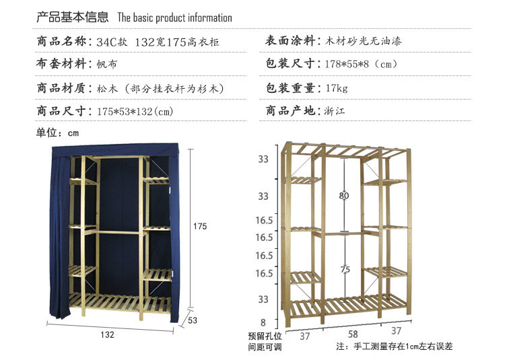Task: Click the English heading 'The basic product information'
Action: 174,17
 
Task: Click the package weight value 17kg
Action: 337,88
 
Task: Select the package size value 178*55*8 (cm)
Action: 361,64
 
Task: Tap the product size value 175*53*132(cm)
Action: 135,111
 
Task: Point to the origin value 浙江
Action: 335,111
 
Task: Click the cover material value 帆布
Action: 107,64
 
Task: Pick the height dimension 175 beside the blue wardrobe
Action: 200,226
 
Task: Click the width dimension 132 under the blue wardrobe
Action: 107,334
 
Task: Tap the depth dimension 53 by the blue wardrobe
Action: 193,320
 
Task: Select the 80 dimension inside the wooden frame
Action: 343,196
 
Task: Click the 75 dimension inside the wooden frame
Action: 345,269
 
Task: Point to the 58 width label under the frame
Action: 353,334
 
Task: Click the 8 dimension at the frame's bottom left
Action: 263,322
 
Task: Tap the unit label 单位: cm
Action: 57,133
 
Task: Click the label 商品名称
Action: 62,41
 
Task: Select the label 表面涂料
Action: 290,41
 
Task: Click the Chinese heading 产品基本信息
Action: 73,17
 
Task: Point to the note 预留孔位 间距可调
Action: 265,342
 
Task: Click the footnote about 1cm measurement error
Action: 394,347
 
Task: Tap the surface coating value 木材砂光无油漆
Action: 364,41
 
